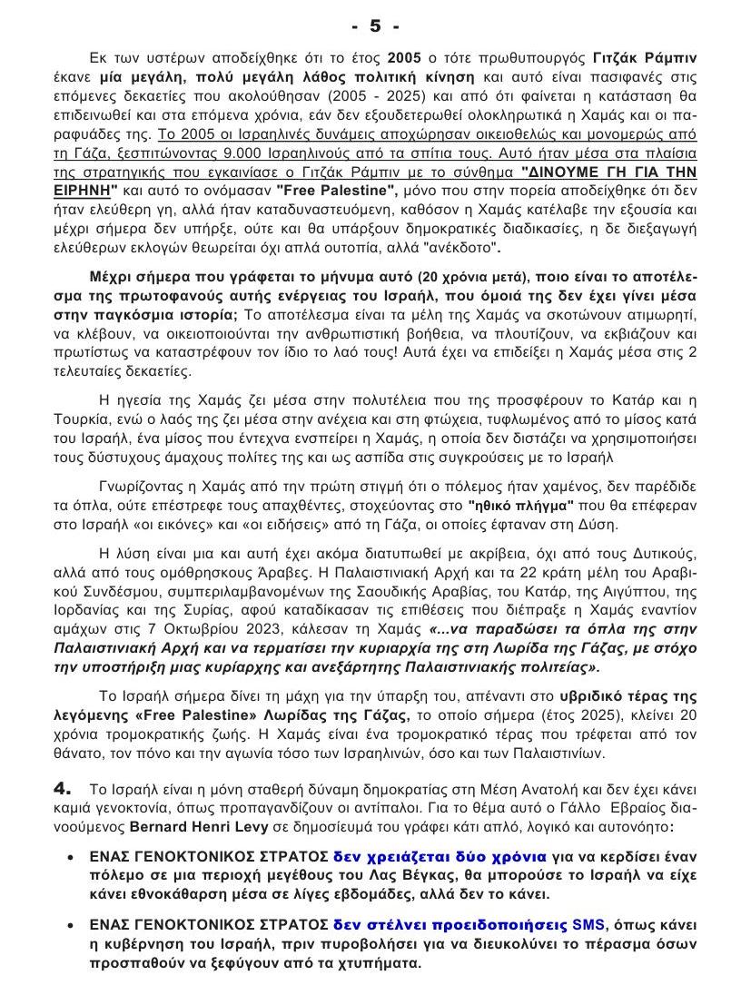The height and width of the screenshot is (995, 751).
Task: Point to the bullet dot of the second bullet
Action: (72, 925)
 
